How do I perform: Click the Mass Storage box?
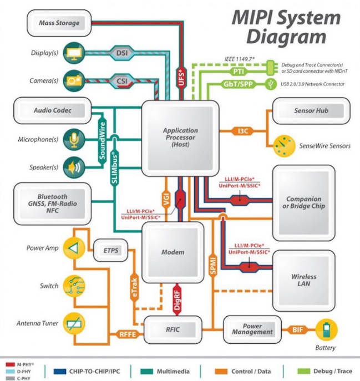[x=59, y=23]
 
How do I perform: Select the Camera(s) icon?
[x=74, y=80]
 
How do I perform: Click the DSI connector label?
[x=122, y=53]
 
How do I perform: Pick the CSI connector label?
[x=122, y=80]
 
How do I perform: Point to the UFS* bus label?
[x=181, y=78]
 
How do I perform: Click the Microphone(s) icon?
[x=74, y=139]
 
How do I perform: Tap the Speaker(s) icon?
[x=74, y=167]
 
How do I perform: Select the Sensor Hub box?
[x=311, y=111]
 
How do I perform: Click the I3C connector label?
[x=243, y=131]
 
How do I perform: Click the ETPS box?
[x=111, y=251]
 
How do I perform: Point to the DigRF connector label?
[x=177, y=300]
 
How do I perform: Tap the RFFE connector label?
[x=128, y=334]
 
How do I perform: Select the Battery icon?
[x=327, y=330]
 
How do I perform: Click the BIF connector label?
[x=297, y=330]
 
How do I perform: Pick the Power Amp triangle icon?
[x=74, y=248]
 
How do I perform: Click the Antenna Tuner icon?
[x=74, y=324]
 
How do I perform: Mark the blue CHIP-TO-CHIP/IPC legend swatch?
[x=60, y=372]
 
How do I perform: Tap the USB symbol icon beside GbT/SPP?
[x=271, y=84]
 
